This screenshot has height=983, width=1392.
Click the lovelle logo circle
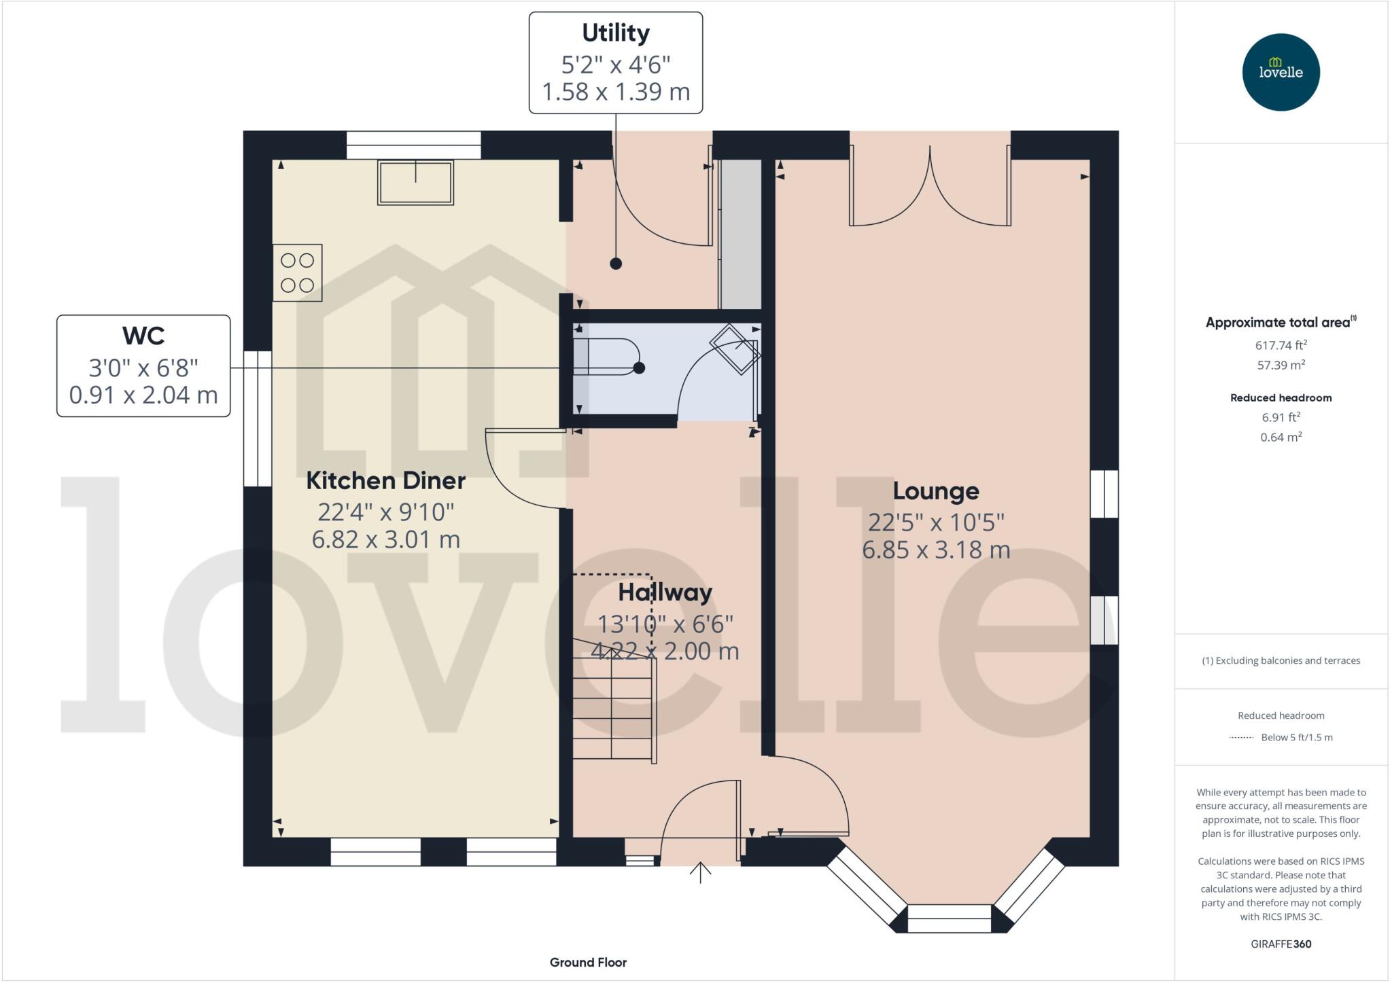1281,72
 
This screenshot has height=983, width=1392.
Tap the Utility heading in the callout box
615,33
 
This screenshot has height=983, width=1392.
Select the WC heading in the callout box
143,336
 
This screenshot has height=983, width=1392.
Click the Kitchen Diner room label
385,481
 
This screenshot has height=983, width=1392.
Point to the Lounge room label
935,491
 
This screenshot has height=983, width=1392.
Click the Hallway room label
665,592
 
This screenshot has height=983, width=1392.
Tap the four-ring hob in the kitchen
297,272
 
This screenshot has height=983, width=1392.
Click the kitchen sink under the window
415,182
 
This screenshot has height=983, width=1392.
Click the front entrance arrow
700,872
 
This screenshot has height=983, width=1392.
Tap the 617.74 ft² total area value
1281,345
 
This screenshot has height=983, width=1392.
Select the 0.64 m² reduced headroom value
1281,437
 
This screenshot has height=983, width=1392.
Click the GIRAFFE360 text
1281,944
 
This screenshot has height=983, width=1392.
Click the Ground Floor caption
588,962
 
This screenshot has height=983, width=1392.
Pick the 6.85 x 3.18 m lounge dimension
935,550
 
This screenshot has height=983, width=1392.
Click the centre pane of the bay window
950,918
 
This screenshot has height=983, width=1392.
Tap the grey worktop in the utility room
740,234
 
